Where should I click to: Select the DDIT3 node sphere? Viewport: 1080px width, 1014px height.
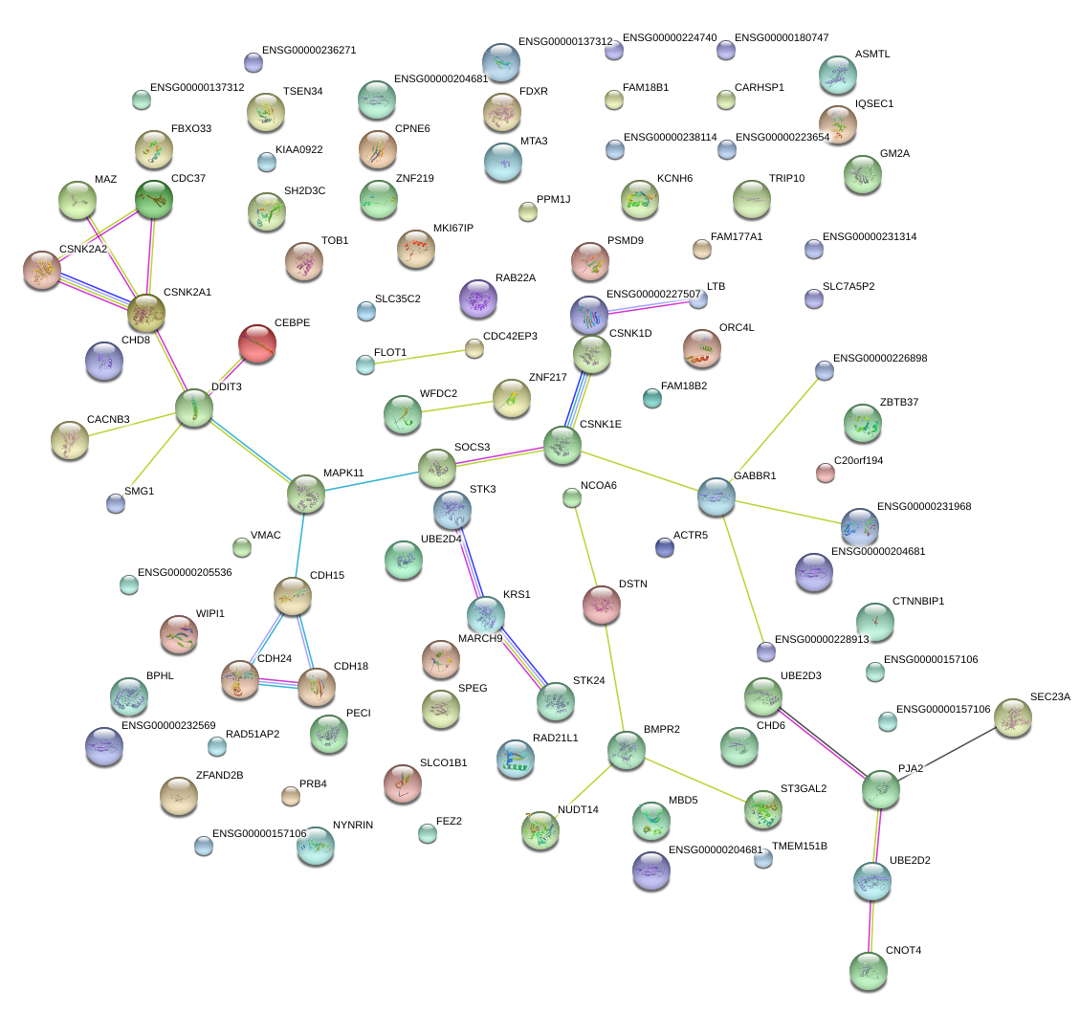pyautogui.click(x=194, y=408)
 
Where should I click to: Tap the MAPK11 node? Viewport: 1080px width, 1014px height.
pyautogui.click(x=306, y=494)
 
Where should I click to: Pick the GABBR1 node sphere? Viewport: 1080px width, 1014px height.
pyautogui.click(x=716, y=496)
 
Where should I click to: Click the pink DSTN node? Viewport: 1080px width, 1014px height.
pyautogui.click(x=602, y=604)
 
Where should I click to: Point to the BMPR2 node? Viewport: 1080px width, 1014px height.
pyautogui.click(x=627, y=750)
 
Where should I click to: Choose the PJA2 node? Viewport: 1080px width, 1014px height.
pyautogui.click(x=880, y=789)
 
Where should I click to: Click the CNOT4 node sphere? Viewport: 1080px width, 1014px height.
pyautogui.click(x=869, y=971)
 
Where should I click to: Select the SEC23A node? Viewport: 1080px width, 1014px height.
pyautogui.click(x=1013, y=718)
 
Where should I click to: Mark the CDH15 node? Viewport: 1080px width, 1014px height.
pyautogui.click(x=293, y=596)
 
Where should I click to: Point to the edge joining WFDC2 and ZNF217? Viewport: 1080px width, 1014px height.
pyautogui.click(x=457, y=406)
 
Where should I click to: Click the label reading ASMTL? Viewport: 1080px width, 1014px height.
pyautogui.click(x=872, y=55)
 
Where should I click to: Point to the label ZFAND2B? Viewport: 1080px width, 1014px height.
pyautogui.click(x=219, y=775)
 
